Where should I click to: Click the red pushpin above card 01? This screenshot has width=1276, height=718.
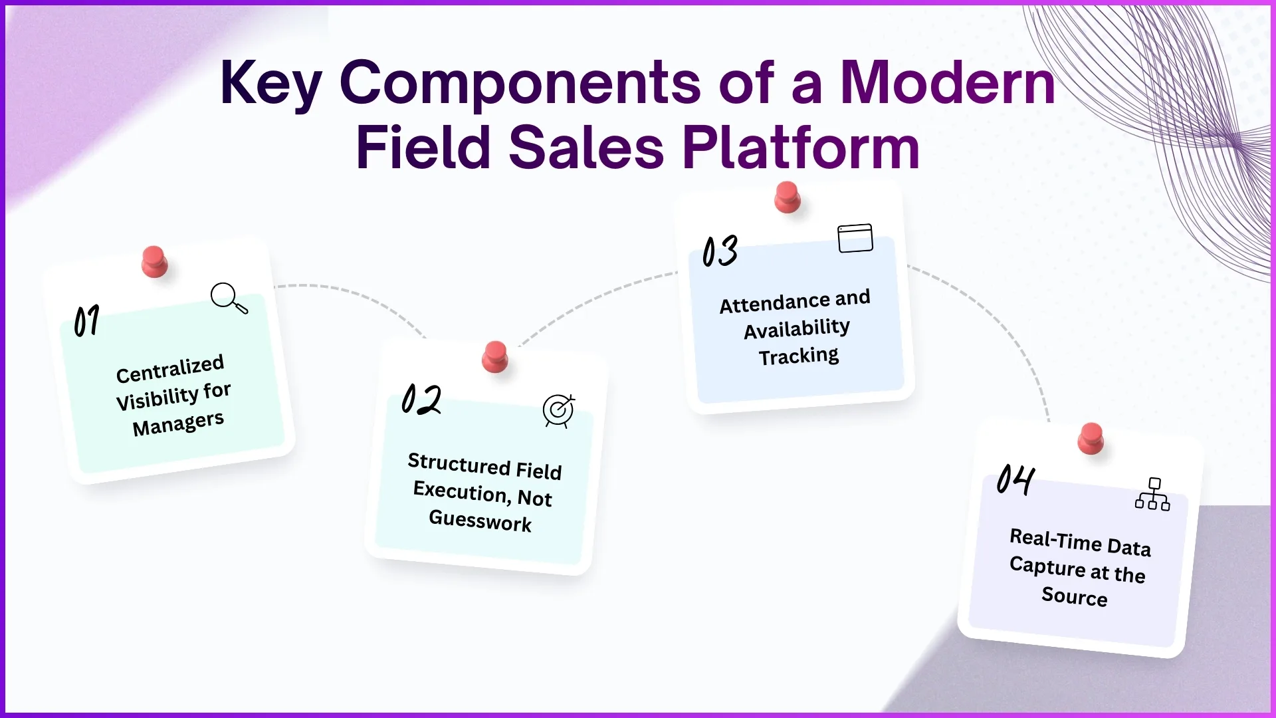pos(154,261)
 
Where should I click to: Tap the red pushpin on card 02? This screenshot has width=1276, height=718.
pos(494,356)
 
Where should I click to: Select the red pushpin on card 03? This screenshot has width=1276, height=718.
pos(788,197)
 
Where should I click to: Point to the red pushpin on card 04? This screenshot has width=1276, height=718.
pos(1091,438)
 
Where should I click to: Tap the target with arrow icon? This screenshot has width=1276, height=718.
pos(559,411)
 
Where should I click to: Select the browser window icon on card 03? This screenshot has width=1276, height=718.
pos(855,238)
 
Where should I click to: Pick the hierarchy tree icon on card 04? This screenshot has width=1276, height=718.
pos(1152,494)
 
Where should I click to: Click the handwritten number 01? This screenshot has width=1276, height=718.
pos(86,321)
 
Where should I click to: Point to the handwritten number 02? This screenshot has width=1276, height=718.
pos(421,400)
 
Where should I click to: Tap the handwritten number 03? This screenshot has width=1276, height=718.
pos(720,251)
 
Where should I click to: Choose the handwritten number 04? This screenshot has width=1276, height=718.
pos(1015,479)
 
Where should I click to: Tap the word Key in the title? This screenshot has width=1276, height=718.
pos(270,84)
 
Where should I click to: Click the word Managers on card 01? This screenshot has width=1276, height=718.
pos(178,423)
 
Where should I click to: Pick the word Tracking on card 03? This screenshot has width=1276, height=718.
pos(799,356)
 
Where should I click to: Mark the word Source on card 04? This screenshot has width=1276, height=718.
pos(1074,596)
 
